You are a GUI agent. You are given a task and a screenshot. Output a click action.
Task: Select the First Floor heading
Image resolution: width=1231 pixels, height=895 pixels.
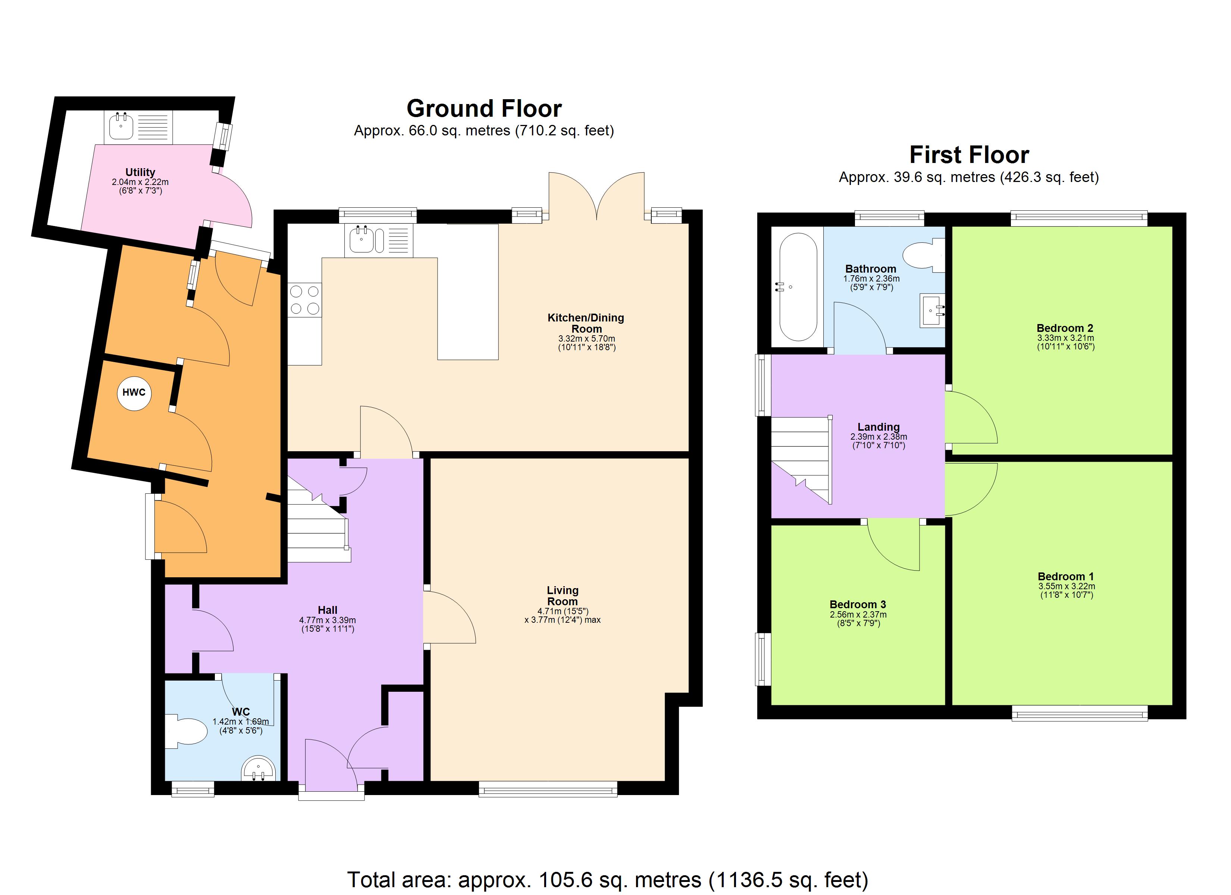coord(969,155)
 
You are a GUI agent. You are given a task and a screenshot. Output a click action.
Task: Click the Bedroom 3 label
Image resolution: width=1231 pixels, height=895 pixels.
coord(858,604)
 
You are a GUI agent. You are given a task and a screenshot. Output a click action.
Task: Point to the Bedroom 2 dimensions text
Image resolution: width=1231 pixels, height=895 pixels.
coord(1065,342)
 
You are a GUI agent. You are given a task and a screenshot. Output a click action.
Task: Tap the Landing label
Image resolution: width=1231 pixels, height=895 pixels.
coord(878,427)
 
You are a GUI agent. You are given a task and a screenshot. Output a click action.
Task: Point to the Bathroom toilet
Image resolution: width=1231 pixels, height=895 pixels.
coord(923,255)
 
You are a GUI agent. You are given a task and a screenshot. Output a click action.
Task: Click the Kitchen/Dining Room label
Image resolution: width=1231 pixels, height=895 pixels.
coord(586,323)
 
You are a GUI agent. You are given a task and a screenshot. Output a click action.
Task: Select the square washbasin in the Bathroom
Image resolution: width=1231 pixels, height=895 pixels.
coord(932,311)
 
